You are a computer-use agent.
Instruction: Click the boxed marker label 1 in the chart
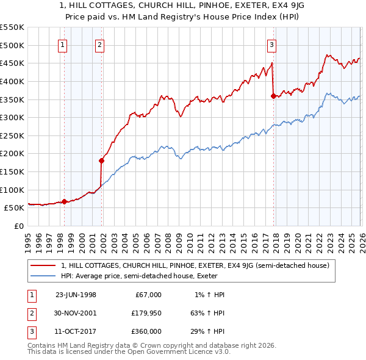coord(63,44)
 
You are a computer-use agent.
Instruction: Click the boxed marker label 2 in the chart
coord(99,44)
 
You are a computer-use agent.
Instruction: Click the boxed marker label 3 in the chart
coord(271,44)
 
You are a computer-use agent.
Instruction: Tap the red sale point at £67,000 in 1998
coord(65,201)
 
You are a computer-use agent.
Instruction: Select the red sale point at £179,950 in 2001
coord(102,160)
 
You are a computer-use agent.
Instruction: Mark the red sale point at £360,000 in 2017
coord(273,95)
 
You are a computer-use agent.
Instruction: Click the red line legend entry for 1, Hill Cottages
coord(195,265)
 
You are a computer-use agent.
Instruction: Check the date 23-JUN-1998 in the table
coord(76,294)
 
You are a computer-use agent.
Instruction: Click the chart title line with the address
coord(182,6)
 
